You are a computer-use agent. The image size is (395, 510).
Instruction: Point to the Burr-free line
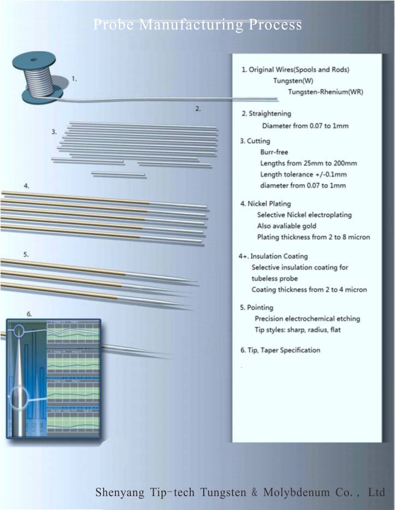[x=274, y=152]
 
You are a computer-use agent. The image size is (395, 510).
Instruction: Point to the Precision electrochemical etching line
[x=307, y=319]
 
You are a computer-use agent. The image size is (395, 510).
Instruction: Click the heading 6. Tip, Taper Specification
[x=280, y=350]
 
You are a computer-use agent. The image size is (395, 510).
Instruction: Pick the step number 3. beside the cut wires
[x=54, y=132]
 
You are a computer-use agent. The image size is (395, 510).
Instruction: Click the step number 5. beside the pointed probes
[x=26, y=254]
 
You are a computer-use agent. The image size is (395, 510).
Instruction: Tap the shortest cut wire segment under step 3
[x=118, y=175]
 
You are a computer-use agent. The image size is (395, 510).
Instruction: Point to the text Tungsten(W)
[x=293, y=81]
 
